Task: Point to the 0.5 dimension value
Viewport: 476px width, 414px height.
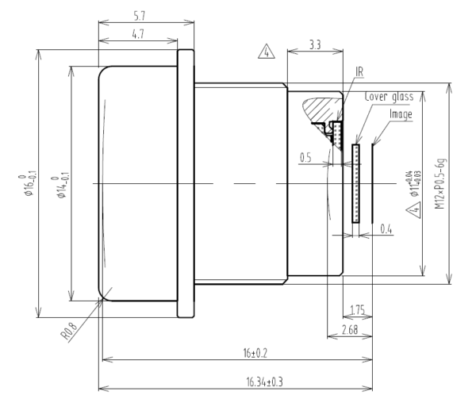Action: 306,158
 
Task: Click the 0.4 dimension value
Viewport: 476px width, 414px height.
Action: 386,228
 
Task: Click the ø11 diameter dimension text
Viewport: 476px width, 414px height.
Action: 410,187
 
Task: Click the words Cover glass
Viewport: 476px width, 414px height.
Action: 389,97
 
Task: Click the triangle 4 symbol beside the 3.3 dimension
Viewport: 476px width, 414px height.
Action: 266,53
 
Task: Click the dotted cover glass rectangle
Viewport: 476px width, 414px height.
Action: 356,183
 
